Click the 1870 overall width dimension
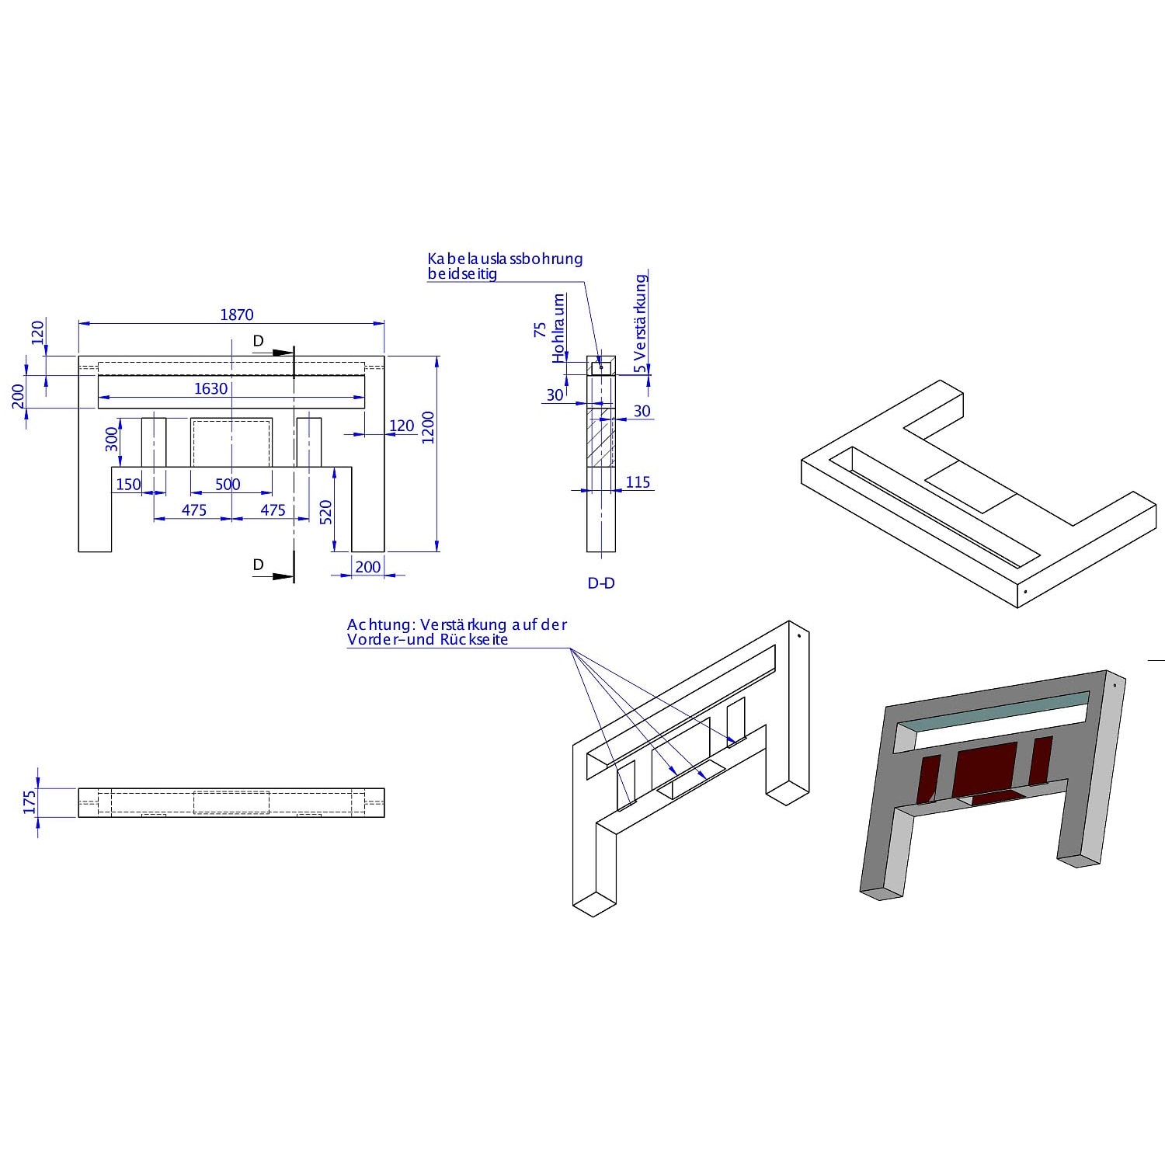pyautogui.click(x=237, y=315)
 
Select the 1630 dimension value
pyautogui.click(x=211, y=388)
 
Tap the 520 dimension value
pyautogui.click(x=326, y=512)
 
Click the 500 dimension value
pyautogui.click(x=228, y=484)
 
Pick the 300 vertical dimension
pyautogui.click(x=112, y=439)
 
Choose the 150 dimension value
pyautogui.click(x=129, y=485)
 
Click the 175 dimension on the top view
pyautogui.click(x=30, y=802)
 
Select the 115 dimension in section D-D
pyautogui.click(x=638, y=482)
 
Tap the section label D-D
pyautogui.click(x=601, y=582)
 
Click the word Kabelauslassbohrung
pyautogui.click(x=505, y=259)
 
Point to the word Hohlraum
pyautogui.click(x=559, y=328)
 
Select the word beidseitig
pyautogui.click(x=462, y=273)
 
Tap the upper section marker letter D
pyautogui.click(x=259, y=341)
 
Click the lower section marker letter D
pyautogui.click(x=259, y=565)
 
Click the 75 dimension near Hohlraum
pyautogui.click(x=541, y=330)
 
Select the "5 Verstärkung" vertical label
pyautogui.click(x=640, y=323)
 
